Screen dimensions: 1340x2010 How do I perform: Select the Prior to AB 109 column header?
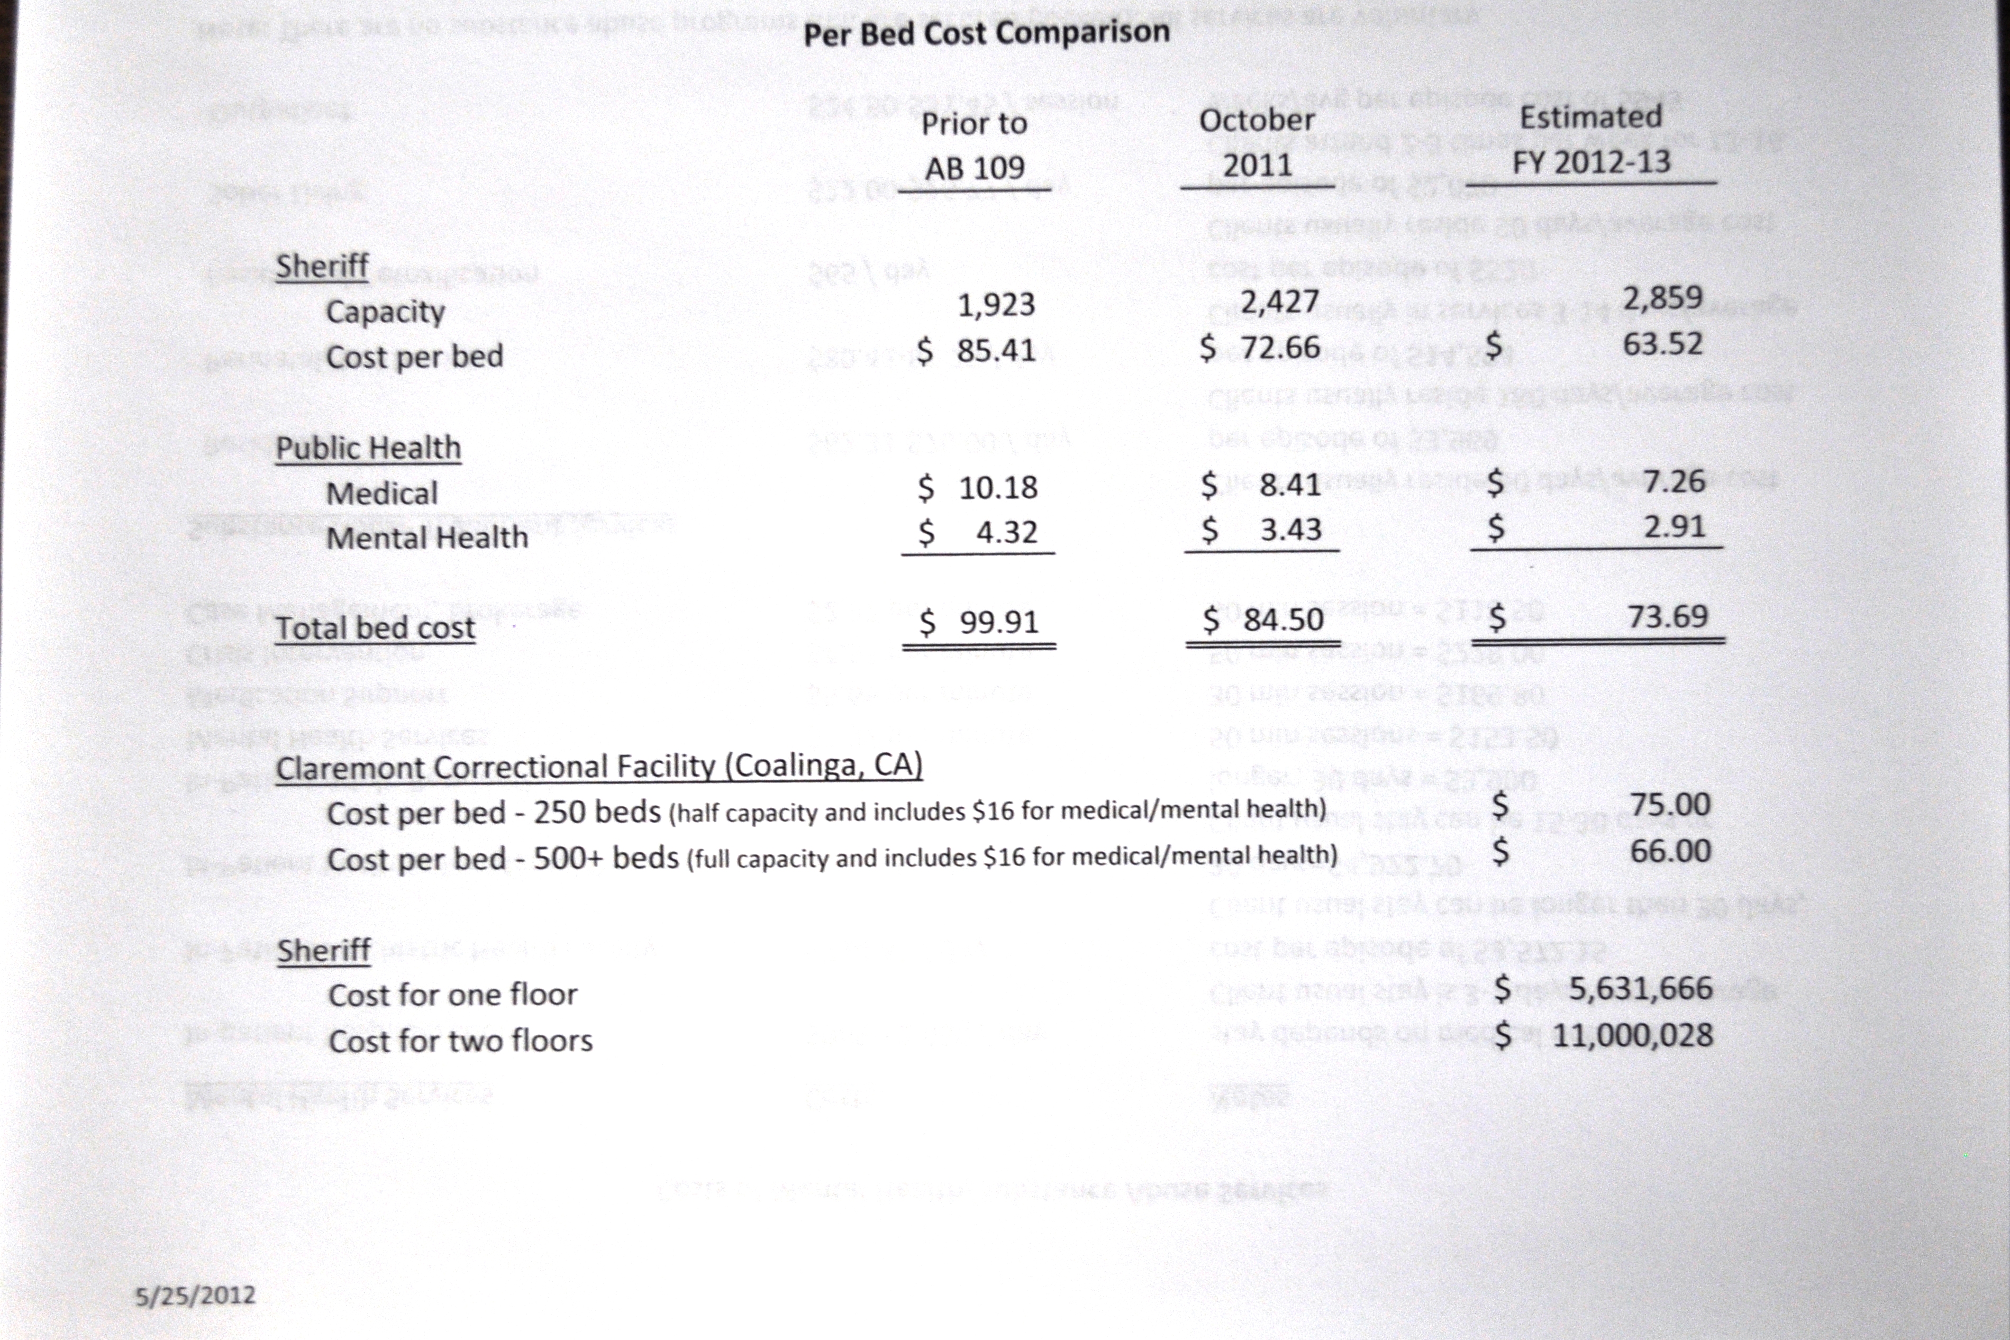(x=974, y=145)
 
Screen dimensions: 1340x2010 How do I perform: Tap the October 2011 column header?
(x=1256, y=142)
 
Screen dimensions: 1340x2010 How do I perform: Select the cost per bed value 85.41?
(x=996, y=350)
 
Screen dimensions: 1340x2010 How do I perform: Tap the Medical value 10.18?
(x=997, y=487)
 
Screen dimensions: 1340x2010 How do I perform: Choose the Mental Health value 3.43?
(x=1290, y=530)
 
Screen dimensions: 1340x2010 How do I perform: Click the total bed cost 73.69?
(x=1667, y=616)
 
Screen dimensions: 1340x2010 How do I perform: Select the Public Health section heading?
(x=368, y=448)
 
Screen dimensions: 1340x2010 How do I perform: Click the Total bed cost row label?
(x=374, y=628)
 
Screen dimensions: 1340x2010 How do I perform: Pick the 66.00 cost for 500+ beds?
(x=1669, y=851)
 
